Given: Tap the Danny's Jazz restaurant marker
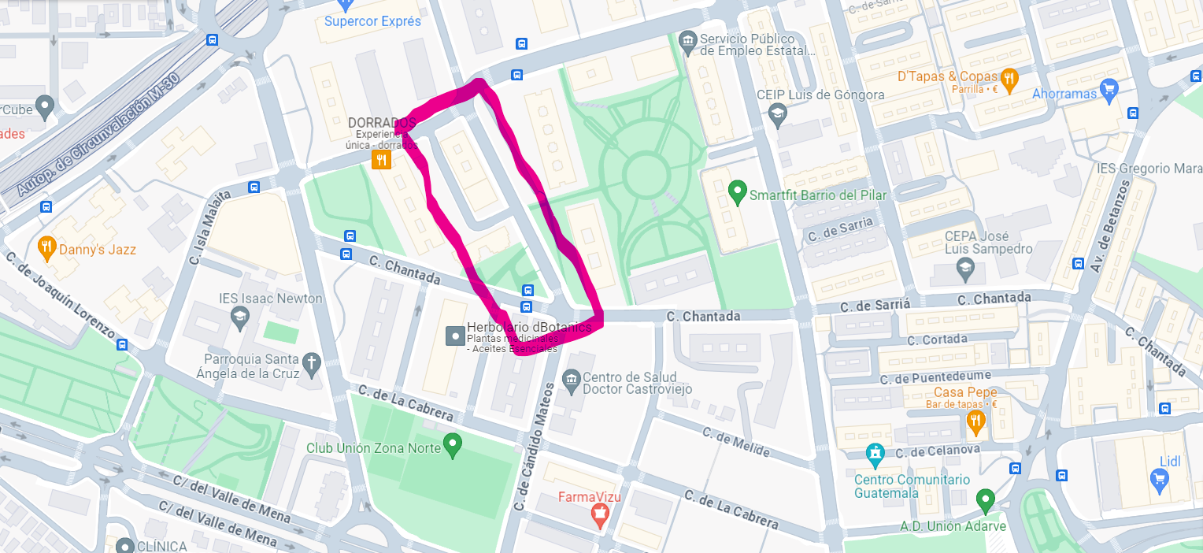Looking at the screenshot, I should [46, 247].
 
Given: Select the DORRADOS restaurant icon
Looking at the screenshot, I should [381, 160].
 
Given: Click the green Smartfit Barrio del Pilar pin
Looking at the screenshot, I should [737, 191].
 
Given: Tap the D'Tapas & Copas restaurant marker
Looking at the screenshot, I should [1009, 78].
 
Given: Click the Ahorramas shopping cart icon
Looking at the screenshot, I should [1109, 89].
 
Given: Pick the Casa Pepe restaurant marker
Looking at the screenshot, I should [975, 421].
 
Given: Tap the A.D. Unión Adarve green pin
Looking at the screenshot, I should [984, 500].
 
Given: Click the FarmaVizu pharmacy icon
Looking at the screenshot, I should [600, 516].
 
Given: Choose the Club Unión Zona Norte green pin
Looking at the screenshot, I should [452, 445].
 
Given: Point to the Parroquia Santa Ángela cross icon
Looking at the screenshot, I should [312, 363].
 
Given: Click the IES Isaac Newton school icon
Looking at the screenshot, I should [239, 317].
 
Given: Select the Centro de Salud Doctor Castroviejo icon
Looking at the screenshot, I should [572, 380].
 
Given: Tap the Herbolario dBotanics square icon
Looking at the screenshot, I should [455, 336].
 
